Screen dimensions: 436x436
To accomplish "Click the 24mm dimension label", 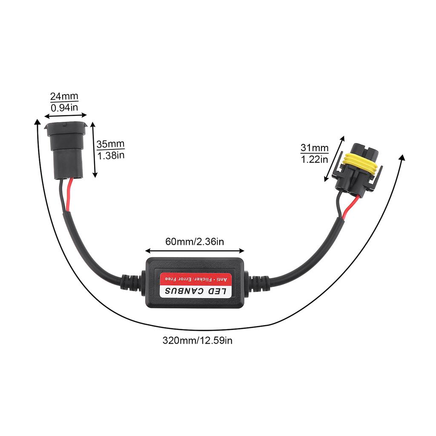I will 64,96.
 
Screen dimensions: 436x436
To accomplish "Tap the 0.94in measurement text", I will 64,108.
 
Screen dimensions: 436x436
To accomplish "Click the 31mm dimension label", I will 315,148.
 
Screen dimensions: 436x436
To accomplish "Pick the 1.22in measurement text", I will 315,160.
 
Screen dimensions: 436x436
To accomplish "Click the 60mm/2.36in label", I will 194,242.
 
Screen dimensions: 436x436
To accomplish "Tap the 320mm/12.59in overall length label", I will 198,341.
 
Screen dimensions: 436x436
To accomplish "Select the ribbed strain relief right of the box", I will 258,284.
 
